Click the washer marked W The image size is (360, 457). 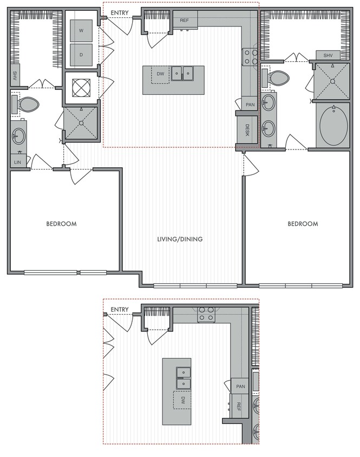click(81, 31)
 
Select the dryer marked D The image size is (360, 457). click(81, 55)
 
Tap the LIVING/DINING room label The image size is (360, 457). click(180, 239)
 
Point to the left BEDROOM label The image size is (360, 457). click(61, 224)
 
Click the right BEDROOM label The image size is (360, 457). click(302, 224)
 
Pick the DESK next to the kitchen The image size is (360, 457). click(247, 129)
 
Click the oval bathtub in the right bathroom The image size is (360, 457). click(335, 126)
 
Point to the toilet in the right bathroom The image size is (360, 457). click(278, 77)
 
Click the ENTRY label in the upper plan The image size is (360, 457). click(119, 12)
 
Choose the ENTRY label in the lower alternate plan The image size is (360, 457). click(119, 310)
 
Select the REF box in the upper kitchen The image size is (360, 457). click(185, 20)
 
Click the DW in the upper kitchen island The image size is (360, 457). click(160, 74)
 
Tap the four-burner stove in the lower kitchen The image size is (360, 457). click(206, 314)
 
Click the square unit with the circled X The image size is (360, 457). click(81, 87)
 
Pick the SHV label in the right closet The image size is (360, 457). click(328, 56)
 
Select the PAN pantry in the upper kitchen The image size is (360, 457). click(250, 105)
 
